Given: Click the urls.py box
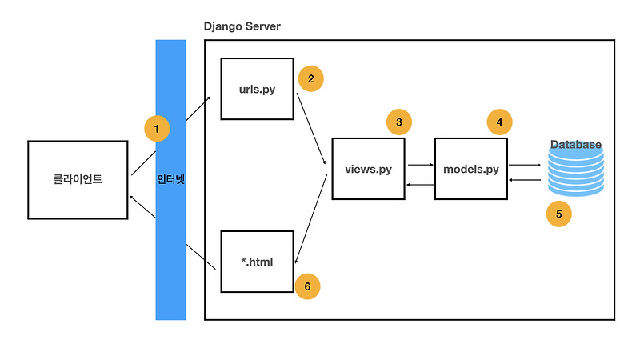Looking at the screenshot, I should (x=257, y=89).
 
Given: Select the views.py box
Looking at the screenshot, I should (x=368, y=169).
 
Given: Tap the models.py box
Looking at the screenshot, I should (x=471, y=169).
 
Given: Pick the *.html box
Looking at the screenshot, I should (x=257, y=261).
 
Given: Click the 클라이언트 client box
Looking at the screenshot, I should (x=78, y=180).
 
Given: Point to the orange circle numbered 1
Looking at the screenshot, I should (x=157, y=128).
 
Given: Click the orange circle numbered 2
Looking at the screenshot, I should (x=310, y=78).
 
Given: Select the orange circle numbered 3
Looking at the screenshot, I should (x=398, y=122).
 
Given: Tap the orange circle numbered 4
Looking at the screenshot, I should (x=500, y=122).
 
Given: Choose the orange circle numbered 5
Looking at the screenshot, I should (x=558, y=214).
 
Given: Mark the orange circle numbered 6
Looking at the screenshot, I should (x=308, y=286).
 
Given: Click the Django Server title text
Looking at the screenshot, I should (x=242, y=27).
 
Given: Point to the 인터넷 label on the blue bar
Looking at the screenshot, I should (x=170, y=180).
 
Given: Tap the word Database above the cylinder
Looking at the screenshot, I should (x=575, y=145).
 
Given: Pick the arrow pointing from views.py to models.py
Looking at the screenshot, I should (x=420, y=165).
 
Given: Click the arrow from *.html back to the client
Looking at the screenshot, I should (x=174, y=232).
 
